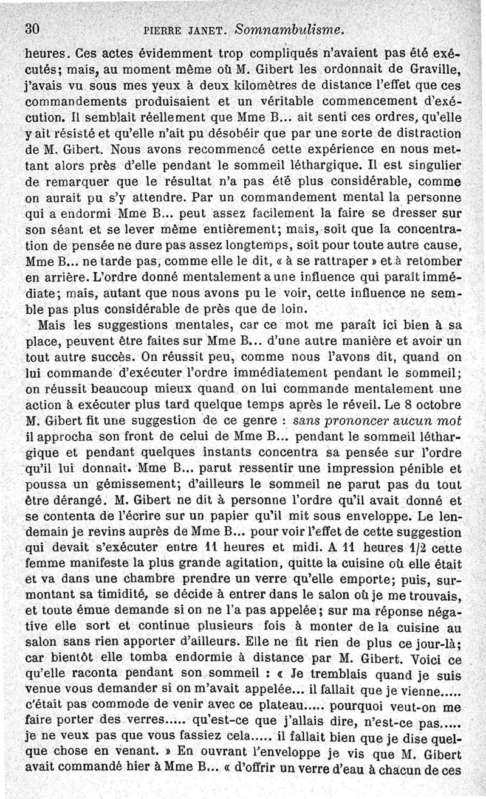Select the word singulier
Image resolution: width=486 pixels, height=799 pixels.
pyautogui.click(x=436, y=165)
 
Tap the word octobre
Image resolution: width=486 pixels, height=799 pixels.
pyautogui.click(x=440, y=404)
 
